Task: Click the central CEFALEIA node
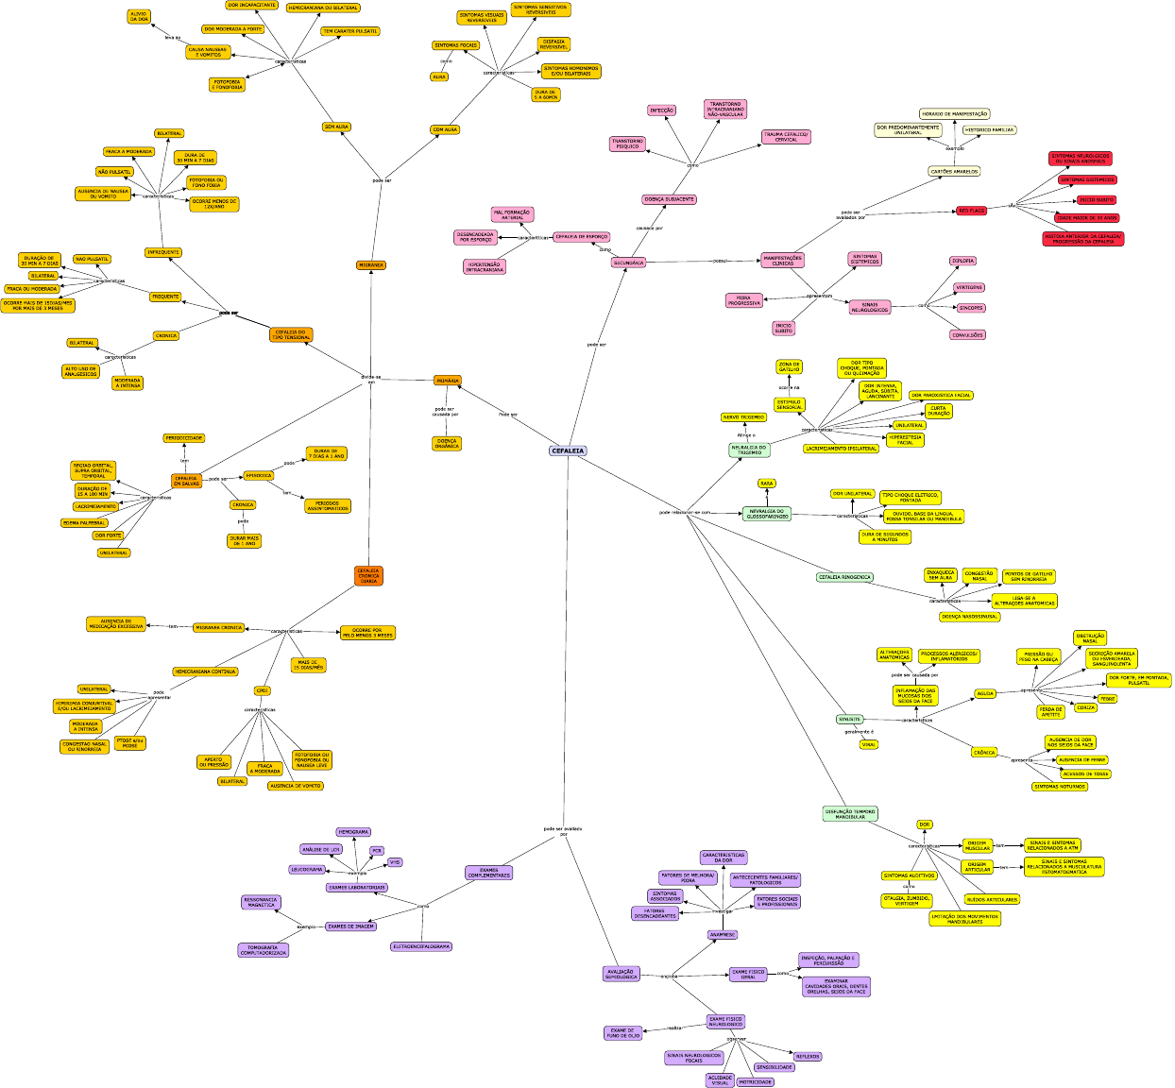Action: [x=568, y=450]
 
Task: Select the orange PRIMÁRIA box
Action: [x=448, y=381]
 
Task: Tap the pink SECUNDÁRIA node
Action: [x=628, y=263]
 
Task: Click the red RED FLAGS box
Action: [x=972, y=211]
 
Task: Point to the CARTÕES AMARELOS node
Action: [x=954, y=172]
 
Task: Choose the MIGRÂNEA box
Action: [x=371, y=265]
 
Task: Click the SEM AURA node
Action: [x=336, y=127]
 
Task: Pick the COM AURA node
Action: [x=445, y=129]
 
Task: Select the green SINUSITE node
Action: [x=850, y=719]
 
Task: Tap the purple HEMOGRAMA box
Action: [x=353, y=832]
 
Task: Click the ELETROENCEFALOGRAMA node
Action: [x=421, y=946]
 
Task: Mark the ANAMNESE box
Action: [x=723, y=935]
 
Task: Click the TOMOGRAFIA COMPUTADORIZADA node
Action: [x=263, y=950]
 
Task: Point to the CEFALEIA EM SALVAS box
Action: [x=186, y=481]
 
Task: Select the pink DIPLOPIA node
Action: [x=962, y=261]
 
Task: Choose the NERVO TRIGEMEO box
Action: [x=743, y=416]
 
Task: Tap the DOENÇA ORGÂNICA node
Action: [x=447, y=443]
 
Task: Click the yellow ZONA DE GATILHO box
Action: [x=789, y=366]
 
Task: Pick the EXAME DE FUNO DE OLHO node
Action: [x=623, y=1033]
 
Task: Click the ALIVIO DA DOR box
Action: [x=139, y=16]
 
